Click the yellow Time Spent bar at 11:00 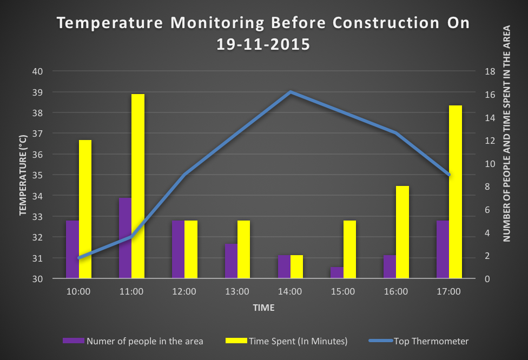138,186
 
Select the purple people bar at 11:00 125,238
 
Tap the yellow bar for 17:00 456,192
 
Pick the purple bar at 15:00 336,272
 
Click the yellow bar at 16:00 402,232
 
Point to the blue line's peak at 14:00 291,92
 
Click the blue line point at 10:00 79,258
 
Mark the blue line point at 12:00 184,175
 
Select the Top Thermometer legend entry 431,341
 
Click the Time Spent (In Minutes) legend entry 298,341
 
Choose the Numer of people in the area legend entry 144,341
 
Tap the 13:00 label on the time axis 237,292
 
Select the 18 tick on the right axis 490,71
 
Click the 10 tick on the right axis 490,164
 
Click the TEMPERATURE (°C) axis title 23,175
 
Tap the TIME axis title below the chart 263,308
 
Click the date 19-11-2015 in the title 263,44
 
